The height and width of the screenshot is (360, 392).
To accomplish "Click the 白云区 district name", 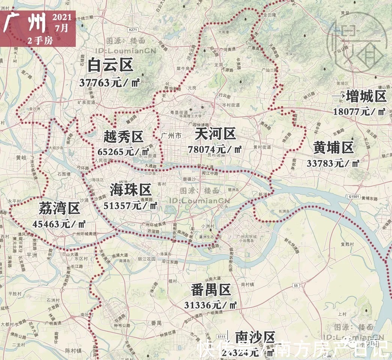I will pos(110,66).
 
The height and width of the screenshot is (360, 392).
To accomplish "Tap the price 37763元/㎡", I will pos(110,82).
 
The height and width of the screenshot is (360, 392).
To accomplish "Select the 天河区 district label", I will pos(215,133).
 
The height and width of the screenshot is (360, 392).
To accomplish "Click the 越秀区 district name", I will pos(123,137).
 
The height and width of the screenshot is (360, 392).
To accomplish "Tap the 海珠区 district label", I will pos(130,190).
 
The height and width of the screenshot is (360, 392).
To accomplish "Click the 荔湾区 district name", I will pos(59,208).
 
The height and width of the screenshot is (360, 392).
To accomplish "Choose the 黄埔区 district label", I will pos(333,148).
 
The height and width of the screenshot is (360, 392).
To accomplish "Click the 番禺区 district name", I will pos(210,289).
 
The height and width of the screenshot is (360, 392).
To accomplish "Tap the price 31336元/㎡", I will pos(210,305).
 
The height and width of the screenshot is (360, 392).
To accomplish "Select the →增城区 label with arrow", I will pos(359,96).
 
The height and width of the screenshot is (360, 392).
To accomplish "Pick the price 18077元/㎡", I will pos(359,111).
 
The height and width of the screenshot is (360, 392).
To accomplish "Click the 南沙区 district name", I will pos(255,337).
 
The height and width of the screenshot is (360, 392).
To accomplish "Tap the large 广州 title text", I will pos(24,24).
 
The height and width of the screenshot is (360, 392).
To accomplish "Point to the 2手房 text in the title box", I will pos(40,41).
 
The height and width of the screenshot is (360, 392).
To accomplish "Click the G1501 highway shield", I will pos(353,196).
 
